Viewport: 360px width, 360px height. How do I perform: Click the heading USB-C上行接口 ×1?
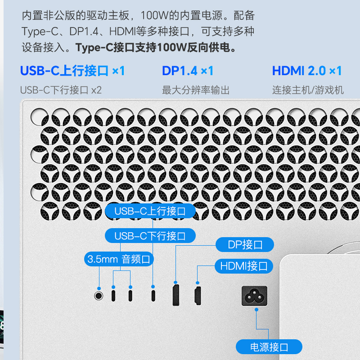click(x=72, y=71)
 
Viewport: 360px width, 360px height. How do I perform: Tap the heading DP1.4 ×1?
click(x=188, y=71)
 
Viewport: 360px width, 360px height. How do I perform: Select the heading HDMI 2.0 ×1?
click(x=307, y=71)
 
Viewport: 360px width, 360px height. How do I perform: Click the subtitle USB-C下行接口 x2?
click(x=61, y=90)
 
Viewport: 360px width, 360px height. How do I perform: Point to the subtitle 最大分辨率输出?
click(x=196, y=90)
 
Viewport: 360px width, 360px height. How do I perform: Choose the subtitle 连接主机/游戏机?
click(x=308, y=90)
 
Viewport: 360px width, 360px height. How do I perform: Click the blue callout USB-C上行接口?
click(x=151, y=211)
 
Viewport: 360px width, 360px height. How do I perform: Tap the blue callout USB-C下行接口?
click(x=151, y=235)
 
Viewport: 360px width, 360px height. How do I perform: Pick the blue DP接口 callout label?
click(x=245, y=245)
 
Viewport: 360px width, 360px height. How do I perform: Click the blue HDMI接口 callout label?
click(x=243, y=266)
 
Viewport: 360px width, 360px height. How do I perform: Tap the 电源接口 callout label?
click(x=269, y=347)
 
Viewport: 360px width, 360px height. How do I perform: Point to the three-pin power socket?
click(x=254, y=296)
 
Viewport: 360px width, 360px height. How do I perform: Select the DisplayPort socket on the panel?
click(x=176, y=295)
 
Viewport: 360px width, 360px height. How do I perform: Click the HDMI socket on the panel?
click(x=197, y=296)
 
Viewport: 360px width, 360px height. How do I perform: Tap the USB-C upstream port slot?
click(x=154, y=296)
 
